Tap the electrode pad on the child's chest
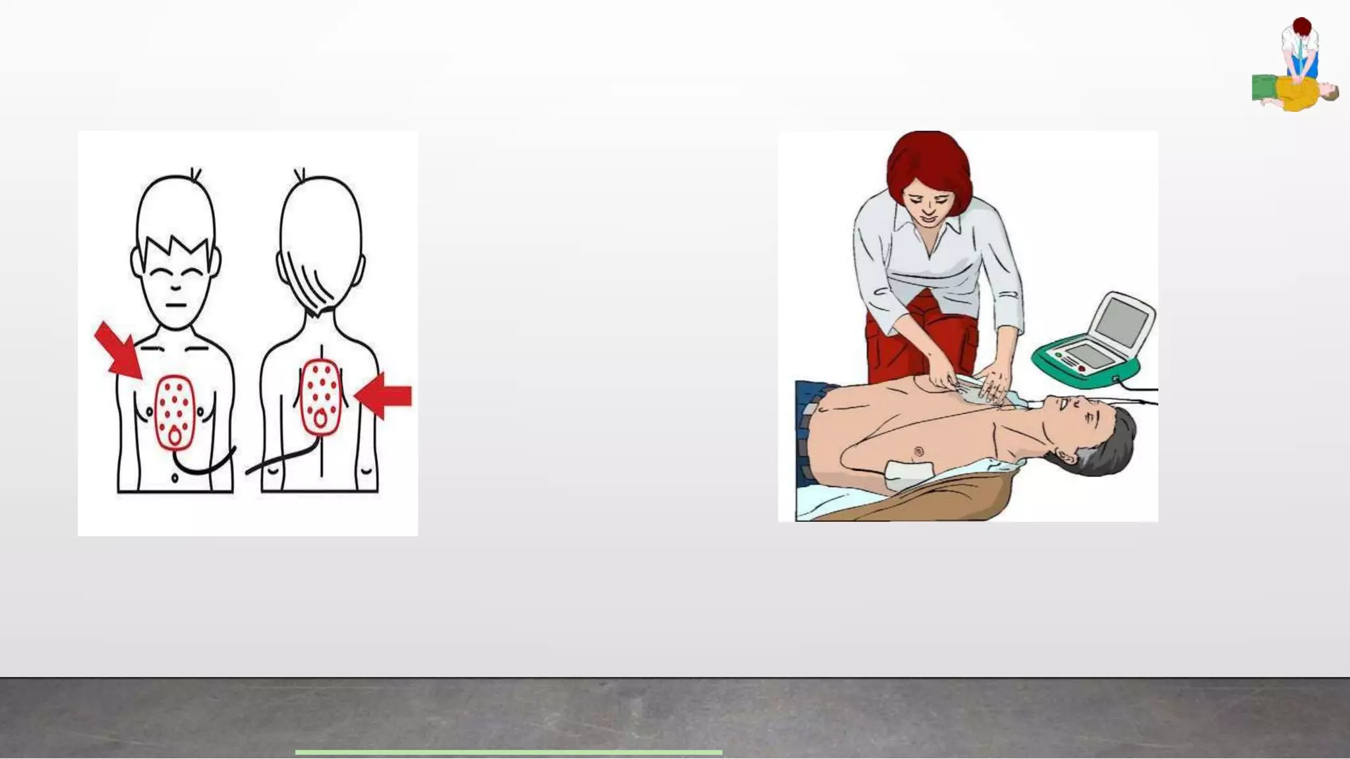[175, 412]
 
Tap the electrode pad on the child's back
[320, 397]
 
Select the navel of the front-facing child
[175, 477]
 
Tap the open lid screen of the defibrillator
[1123, 321]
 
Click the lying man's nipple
[918, 451]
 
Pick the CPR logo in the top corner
[1295, 66]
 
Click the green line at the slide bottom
[508, 752]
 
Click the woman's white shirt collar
[929, 231]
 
